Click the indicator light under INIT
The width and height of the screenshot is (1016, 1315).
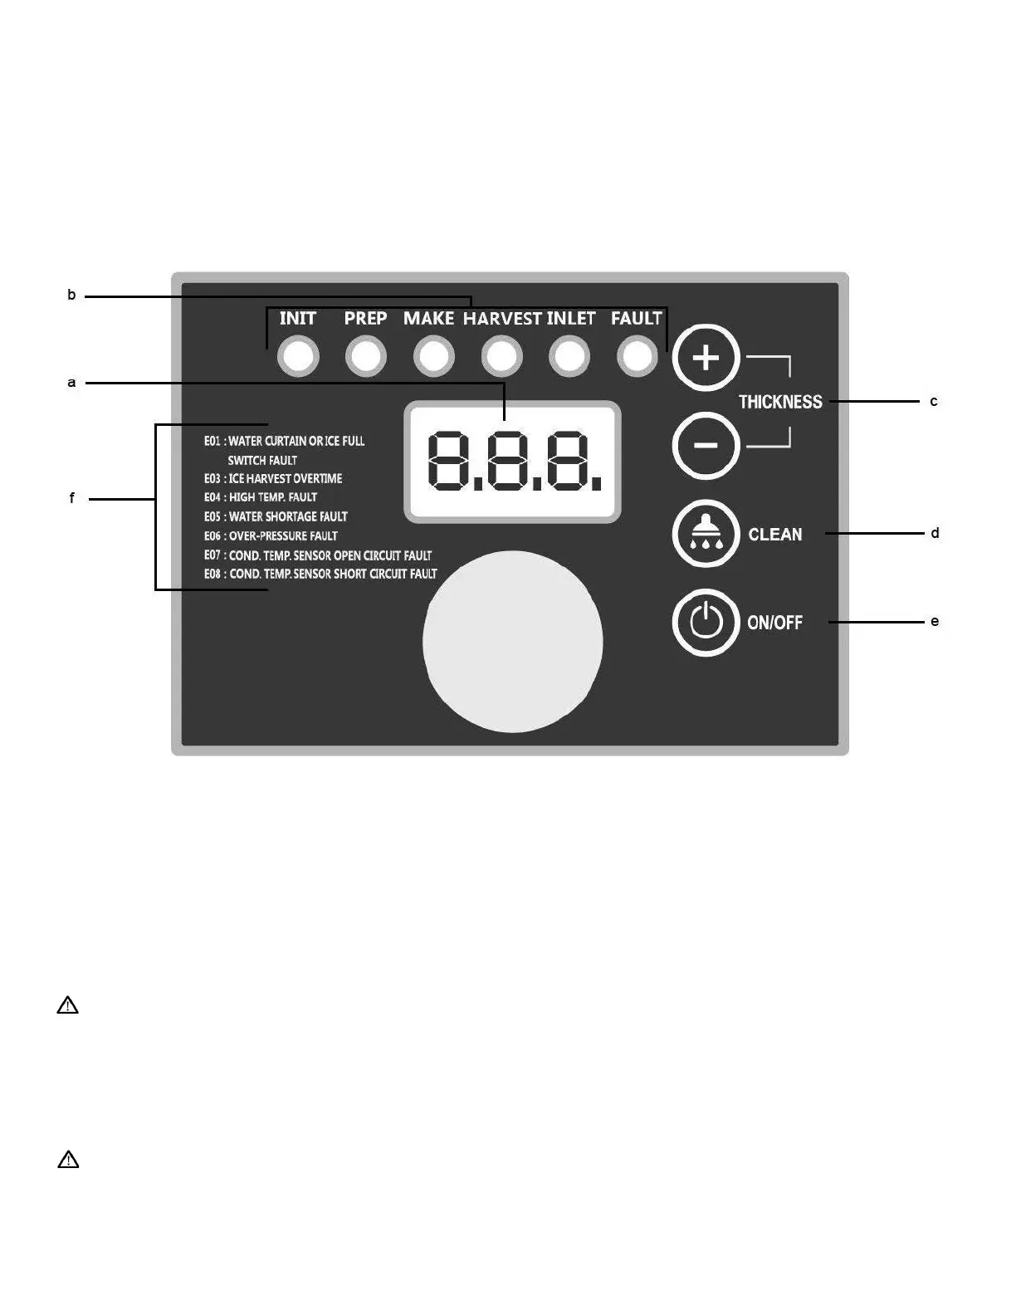point(298,357)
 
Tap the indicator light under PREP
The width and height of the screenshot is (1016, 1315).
point(366,357)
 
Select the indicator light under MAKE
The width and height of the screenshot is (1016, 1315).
point(434,357)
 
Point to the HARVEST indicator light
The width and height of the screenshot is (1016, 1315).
point(502,357)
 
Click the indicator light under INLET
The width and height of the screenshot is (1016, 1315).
point(569,357)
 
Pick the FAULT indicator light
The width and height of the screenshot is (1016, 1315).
point(637,357)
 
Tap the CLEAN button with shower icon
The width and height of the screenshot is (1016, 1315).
point(706,534)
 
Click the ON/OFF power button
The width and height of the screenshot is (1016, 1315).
point(706,622)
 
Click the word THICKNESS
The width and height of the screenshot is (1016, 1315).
point(780,402)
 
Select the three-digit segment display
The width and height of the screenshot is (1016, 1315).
point(512,462)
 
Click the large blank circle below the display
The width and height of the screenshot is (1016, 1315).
point(513,642)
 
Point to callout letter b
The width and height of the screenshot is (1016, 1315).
point(71,295)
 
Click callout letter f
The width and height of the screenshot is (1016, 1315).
point(72,498)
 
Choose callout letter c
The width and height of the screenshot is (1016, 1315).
point(934,402)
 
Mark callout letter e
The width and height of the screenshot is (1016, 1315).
point(935,621)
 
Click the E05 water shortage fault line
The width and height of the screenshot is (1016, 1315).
point(276,516)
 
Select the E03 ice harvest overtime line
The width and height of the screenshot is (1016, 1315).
point(273,479)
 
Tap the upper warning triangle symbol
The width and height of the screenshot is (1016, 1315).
point(68,1005)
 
